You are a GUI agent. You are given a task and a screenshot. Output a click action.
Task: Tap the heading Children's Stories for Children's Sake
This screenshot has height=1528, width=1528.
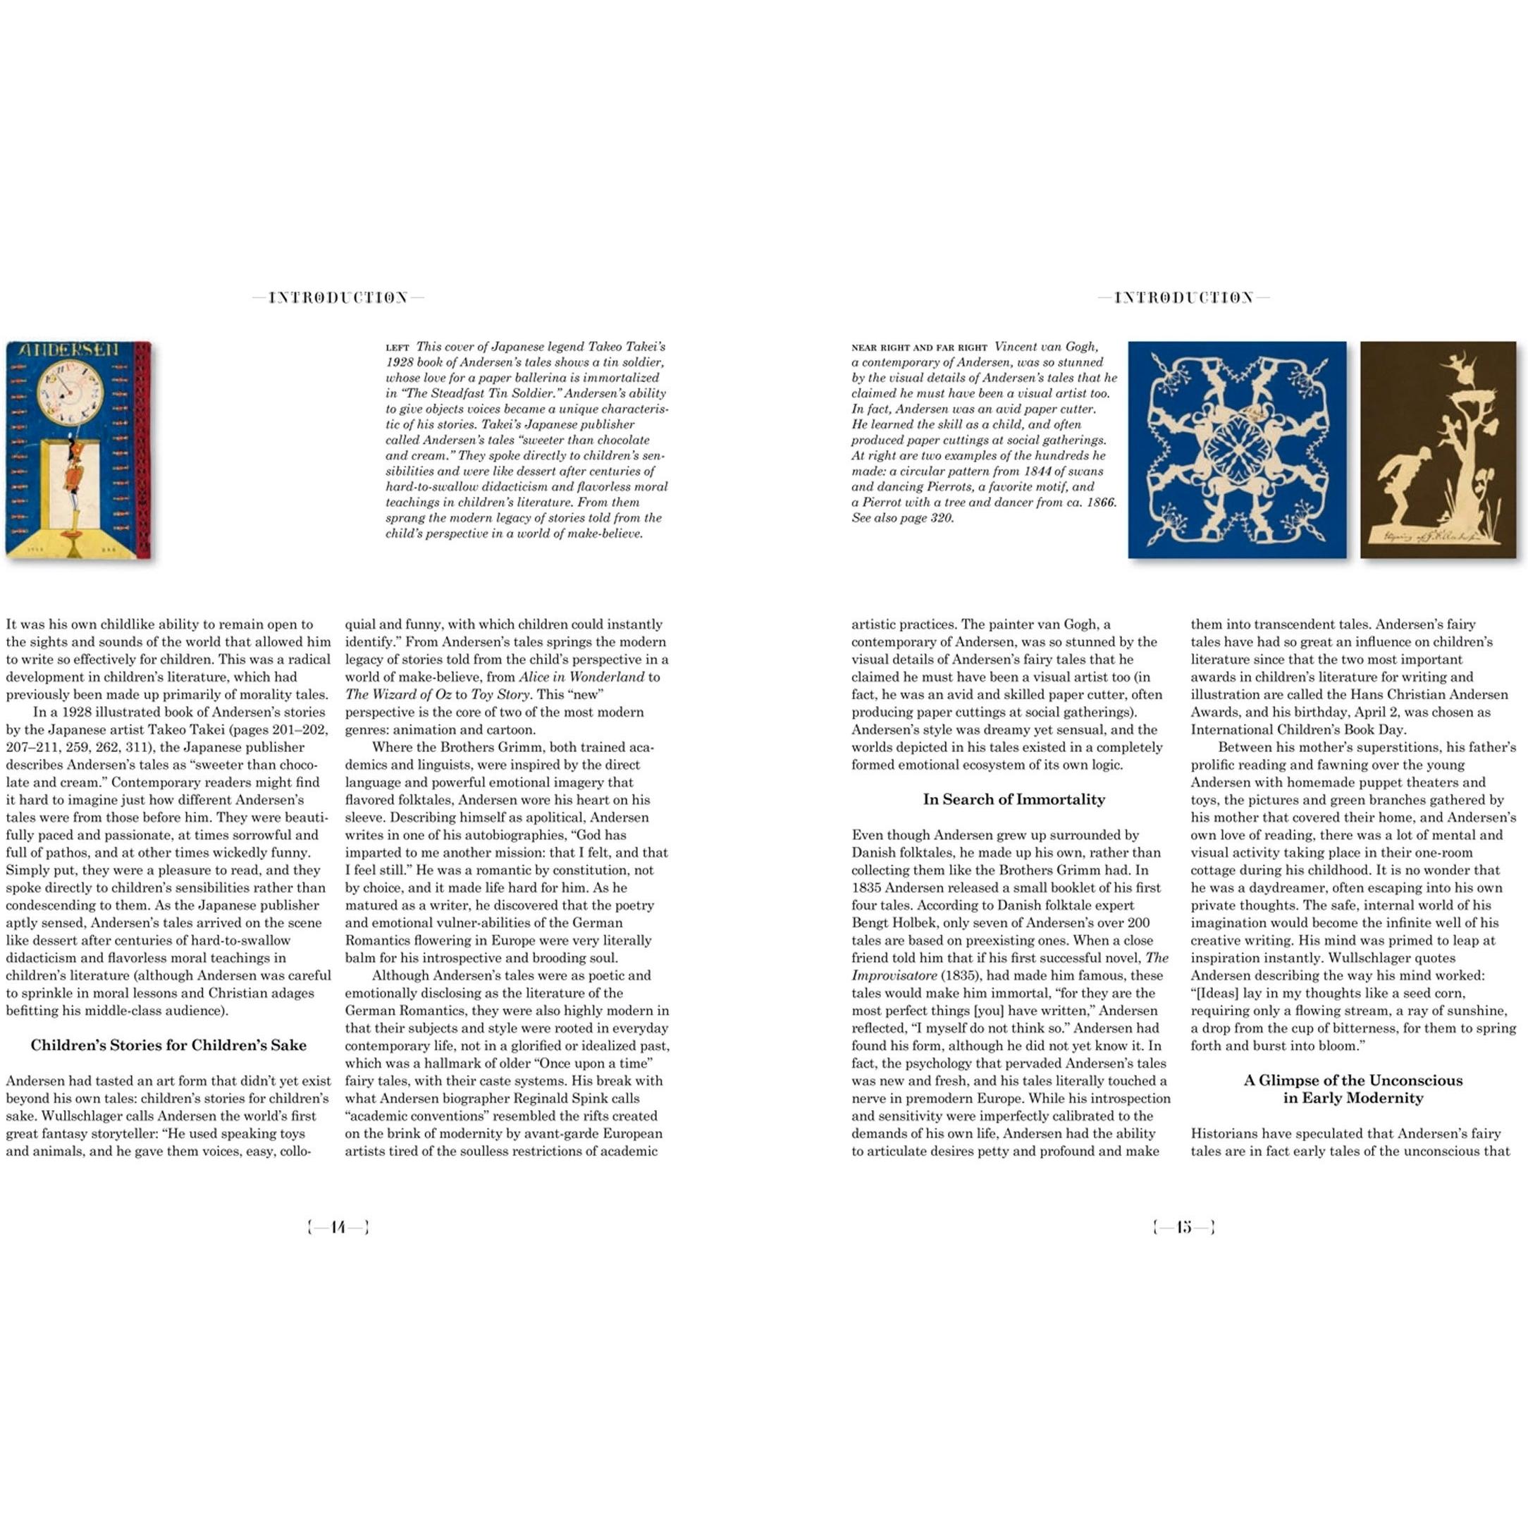(168, 1045)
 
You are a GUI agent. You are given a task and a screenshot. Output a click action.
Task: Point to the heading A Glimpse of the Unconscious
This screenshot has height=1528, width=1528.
(1353, 1080)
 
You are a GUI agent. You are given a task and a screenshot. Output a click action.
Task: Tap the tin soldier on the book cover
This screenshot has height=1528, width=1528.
(77, 483)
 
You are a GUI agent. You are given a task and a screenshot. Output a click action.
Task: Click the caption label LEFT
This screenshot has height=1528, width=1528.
(397, 347)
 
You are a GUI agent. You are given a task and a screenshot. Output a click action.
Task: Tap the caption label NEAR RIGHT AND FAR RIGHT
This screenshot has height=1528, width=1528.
(919, 347)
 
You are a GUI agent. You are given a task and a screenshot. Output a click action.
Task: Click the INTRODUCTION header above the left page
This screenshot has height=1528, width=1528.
(338, 298)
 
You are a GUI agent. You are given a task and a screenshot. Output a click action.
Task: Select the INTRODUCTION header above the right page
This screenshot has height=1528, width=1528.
(1183, 298)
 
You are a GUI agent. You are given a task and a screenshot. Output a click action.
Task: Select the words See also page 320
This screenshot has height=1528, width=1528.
(902, 518)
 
